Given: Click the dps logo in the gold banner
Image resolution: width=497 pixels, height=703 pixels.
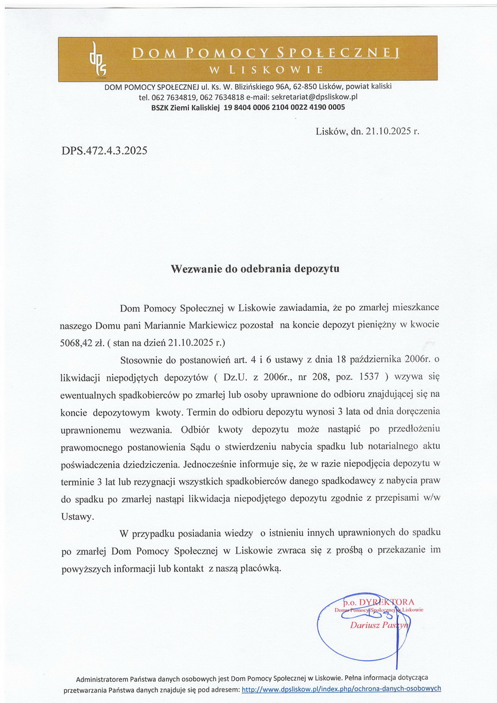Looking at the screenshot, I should (93, 58).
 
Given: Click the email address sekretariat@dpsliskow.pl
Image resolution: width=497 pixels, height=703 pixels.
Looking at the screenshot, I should (314, 97).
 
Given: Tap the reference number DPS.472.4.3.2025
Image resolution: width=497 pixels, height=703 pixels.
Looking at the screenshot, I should (104, 152).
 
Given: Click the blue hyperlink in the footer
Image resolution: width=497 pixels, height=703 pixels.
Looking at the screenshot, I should (341, 689).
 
